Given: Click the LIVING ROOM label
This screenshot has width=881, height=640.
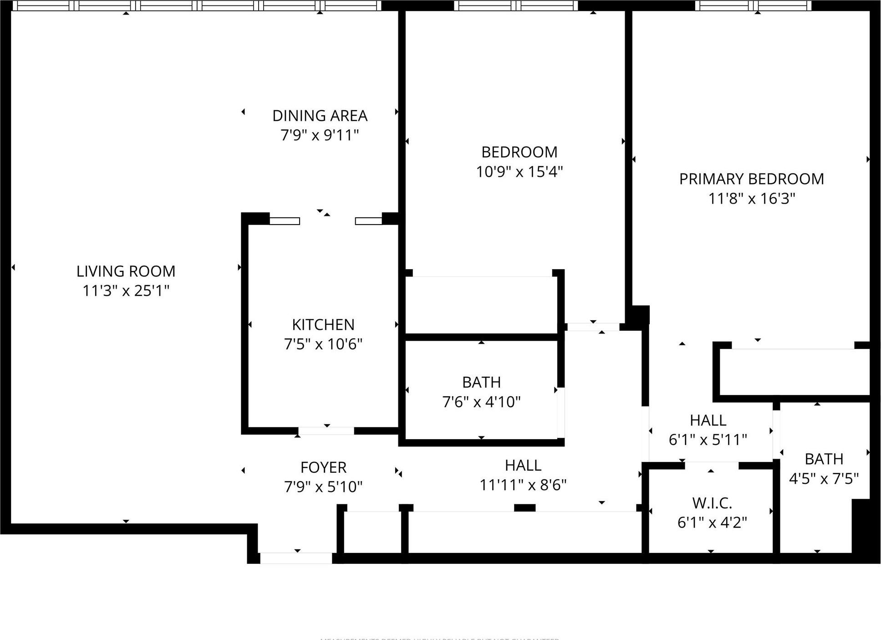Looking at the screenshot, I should coord(126,271).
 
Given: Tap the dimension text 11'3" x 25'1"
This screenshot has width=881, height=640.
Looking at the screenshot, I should coord(126,291).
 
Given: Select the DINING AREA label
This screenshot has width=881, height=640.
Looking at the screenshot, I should coord(320,116).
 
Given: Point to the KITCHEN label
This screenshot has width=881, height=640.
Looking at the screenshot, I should coord(323,325).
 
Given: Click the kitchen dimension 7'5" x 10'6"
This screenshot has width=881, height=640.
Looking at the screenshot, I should coord(323,344).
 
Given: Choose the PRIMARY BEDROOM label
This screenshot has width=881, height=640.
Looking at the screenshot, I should coord(751,179).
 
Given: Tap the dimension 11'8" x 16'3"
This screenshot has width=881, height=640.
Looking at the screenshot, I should coord(751,199).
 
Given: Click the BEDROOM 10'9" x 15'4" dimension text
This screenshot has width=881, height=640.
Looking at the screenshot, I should coord(519,172).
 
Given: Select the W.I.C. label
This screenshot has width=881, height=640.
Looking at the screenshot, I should coord(712,503).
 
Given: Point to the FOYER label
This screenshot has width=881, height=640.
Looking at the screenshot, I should coord(323,467).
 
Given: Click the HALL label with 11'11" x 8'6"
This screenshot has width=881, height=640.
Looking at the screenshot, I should coord(523,466).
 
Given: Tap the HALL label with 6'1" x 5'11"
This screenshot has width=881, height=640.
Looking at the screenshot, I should coord(708,420).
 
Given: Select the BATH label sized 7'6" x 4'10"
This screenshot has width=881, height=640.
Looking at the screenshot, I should coord(481,382).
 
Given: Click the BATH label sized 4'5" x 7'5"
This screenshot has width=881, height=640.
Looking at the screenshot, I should coord(824,459).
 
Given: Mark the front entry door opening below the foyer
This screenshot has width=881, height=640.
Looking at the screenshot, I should coord(296,558).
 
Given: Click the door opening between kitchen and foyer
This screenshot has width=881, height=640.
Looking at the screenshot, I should coord(326,430).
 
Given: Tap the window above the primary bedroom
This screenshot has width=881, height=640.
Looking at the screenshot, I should coord(753,6).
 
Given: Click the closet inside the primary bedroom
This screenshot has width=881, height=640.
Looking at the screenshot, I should coord(794,372).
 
